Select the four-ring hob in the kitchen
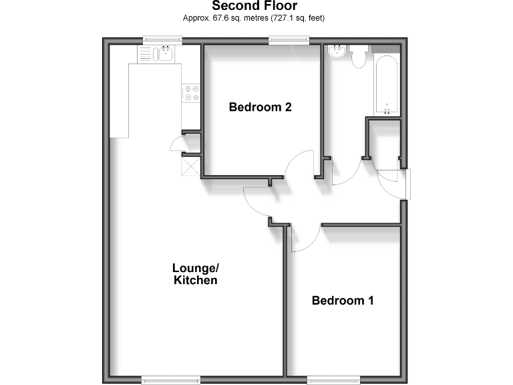point(192,93)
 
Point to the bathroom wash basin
point(337,53)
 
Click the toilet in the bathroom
point(359,57)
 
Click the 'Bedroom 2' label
point(260,107)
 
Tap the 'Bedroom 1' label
point(343,301)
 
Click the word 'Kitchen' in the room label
point(196,281)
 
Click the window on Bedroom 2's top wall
point(290,40)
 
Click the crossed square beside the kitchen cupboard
point(190,164)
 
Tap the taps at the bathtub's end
point(388,105)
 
